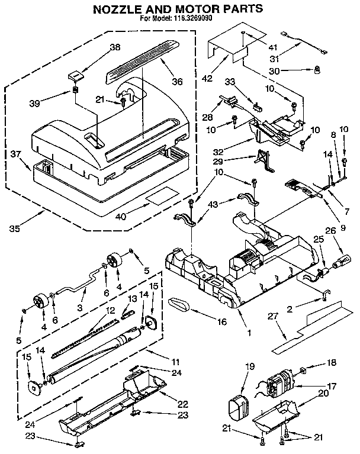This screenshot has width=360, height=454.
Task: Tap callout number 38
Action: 115,47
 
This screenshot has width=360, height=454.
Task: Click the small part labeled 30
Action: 317,71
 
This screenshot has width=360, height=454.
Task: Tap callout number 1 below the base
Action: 249,333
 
